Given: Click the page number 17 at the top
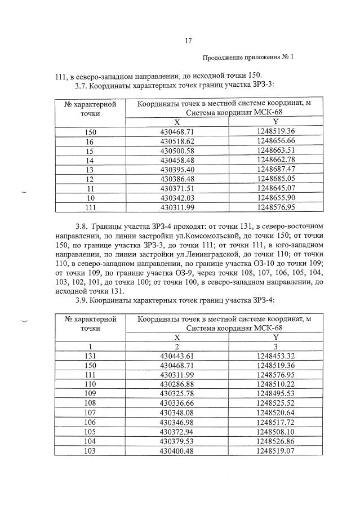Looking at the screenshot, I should [189, 39].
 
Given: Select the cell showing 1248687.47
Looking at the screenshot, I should [275, 169].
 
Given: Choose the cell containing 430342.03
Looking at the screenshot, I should [177, 197].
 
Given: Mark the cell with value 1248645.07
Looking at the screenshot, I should [275, 188].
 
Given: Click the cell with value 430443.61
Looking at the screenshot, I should [177, 356].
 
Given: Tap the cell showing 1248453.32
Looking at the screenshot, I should [275, 356].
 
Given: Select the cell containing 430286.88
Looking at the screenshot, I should [177, 384].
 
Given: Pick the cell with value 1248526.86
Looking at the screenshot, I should [275, 441].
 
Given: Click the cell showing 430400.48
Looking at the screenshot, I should [177, 451].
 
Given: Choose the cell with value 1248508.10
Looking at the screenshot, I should [275, 432].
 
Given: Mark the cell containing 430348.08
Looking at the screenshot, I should [177, 413].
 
